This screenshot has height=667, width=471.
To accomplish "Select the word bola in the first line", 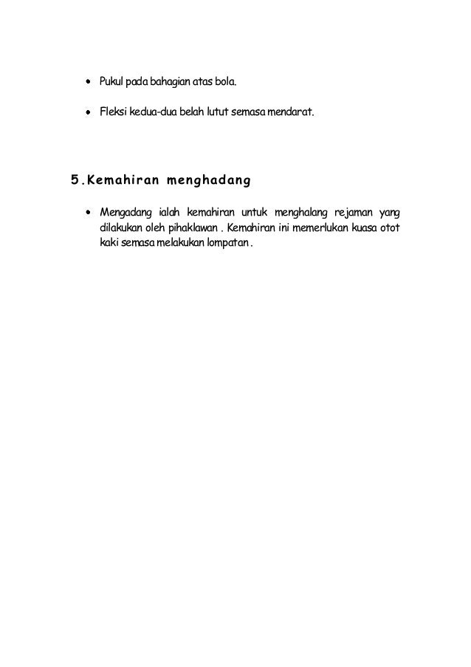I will point(224,79).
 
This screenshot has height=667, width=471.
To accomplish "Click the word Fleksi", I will point(103,114).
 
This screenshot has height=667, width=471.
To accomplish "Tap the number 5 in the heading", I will point(74,179).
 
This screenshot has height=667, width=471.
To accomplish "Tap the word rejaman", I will point(356,214).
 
